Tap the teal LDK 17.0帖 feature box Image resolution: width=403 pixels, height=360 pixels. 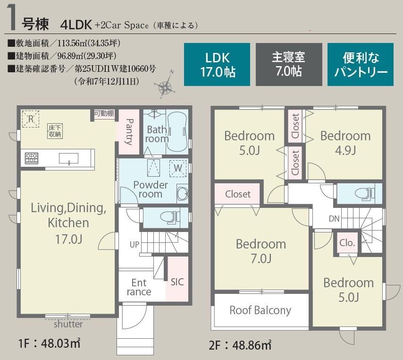coord(217,64)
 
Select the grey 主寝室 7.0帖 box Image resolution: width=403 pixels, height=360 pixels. coord(289,64)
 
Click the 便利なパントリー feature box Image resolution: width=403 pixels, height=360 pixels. coord(361,64)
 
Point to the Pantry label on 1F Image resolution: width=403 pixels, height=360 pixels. coord(129,132)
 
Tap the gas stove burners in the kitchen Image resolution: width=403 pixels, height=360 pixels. coord(32,158)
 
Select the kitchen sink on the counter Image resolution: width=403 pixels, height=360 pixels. coord(68,159)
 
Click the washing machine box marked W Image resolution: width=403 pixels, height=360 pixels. coord(178,168)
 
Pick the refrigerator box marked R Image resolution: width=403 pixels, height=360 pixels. coord(31,119)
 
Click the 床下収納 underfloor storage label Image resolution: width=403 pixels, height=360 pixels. coord(55,131)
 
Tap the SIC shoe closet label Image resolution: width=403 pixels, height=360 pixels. coord(177,282)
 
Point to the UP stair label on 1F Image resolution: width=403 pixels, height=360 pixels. coord(134,244)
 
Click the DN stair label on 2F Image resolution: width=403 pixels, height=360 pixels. coord(334,219)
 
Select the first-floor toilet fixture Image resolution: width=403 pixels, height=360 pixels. coord(169,217)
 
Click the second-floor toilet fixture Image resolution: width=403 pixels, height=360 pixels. coord(364,194)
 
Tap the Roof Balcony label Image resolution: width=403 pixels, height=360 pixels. coord(260,310)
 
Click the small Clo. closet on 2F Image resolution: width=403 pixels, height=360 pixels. coord(347,243)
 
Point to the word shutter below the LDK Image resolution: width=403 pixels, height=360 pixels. coord(68,324)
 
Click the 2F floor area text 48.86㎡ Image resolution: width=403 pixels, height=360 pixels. coord(252,345)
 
